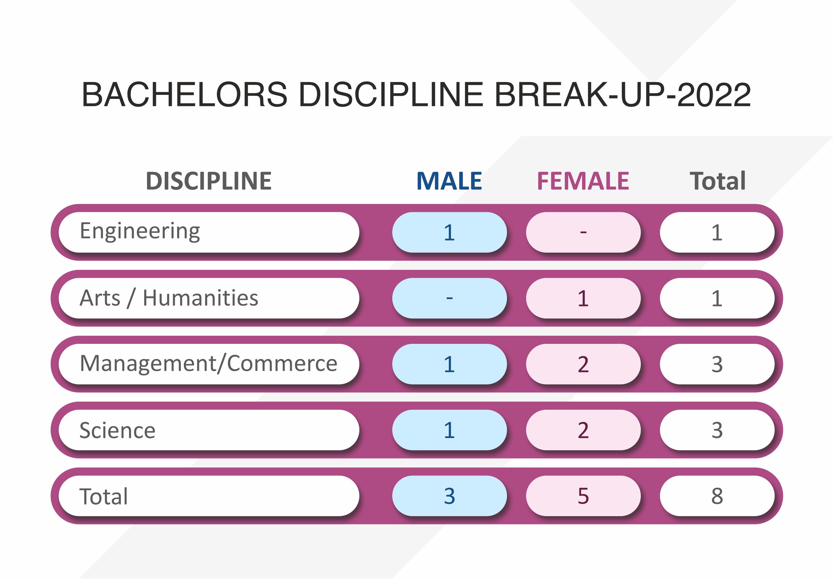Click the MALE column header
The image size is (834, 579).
[x=449, y=181]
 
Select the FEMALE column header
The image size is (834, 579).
[x=583, y=181]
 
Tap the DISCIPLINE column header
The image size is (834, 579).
[x=208, y=181]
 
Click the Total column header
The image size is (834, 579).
[x=717, y=181]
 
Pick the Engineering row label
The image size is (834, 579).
[x=140, y=231]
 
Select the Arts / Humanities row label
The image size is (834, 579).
[x=169, y=298]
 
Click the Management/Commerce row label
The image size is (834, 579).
[x=208, y=364]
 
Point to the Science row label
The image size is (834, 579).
[x=117, y=430]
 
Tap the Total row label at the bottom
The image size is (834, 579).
[x=104, y=496]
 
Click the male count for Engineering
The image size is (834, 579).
[x=449, y=232]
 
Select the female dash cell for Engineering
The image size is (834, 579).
[x=583, y=232]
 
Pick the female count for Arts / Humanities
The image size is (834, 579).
[x=583, y=298]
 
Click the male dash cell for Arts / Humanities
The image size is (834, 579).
[x=449, y=298]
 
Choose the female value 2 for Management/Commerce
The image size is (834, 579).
[x=583, y=364]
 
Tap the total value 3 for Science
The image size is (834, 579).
[x=717, y=430]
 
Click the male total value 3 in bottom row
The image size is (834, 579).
[x=449, y=496]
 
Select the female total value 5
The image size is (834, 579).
[x=583, y=496]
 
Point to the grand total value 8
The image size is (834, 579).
[x=717, y=496]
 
